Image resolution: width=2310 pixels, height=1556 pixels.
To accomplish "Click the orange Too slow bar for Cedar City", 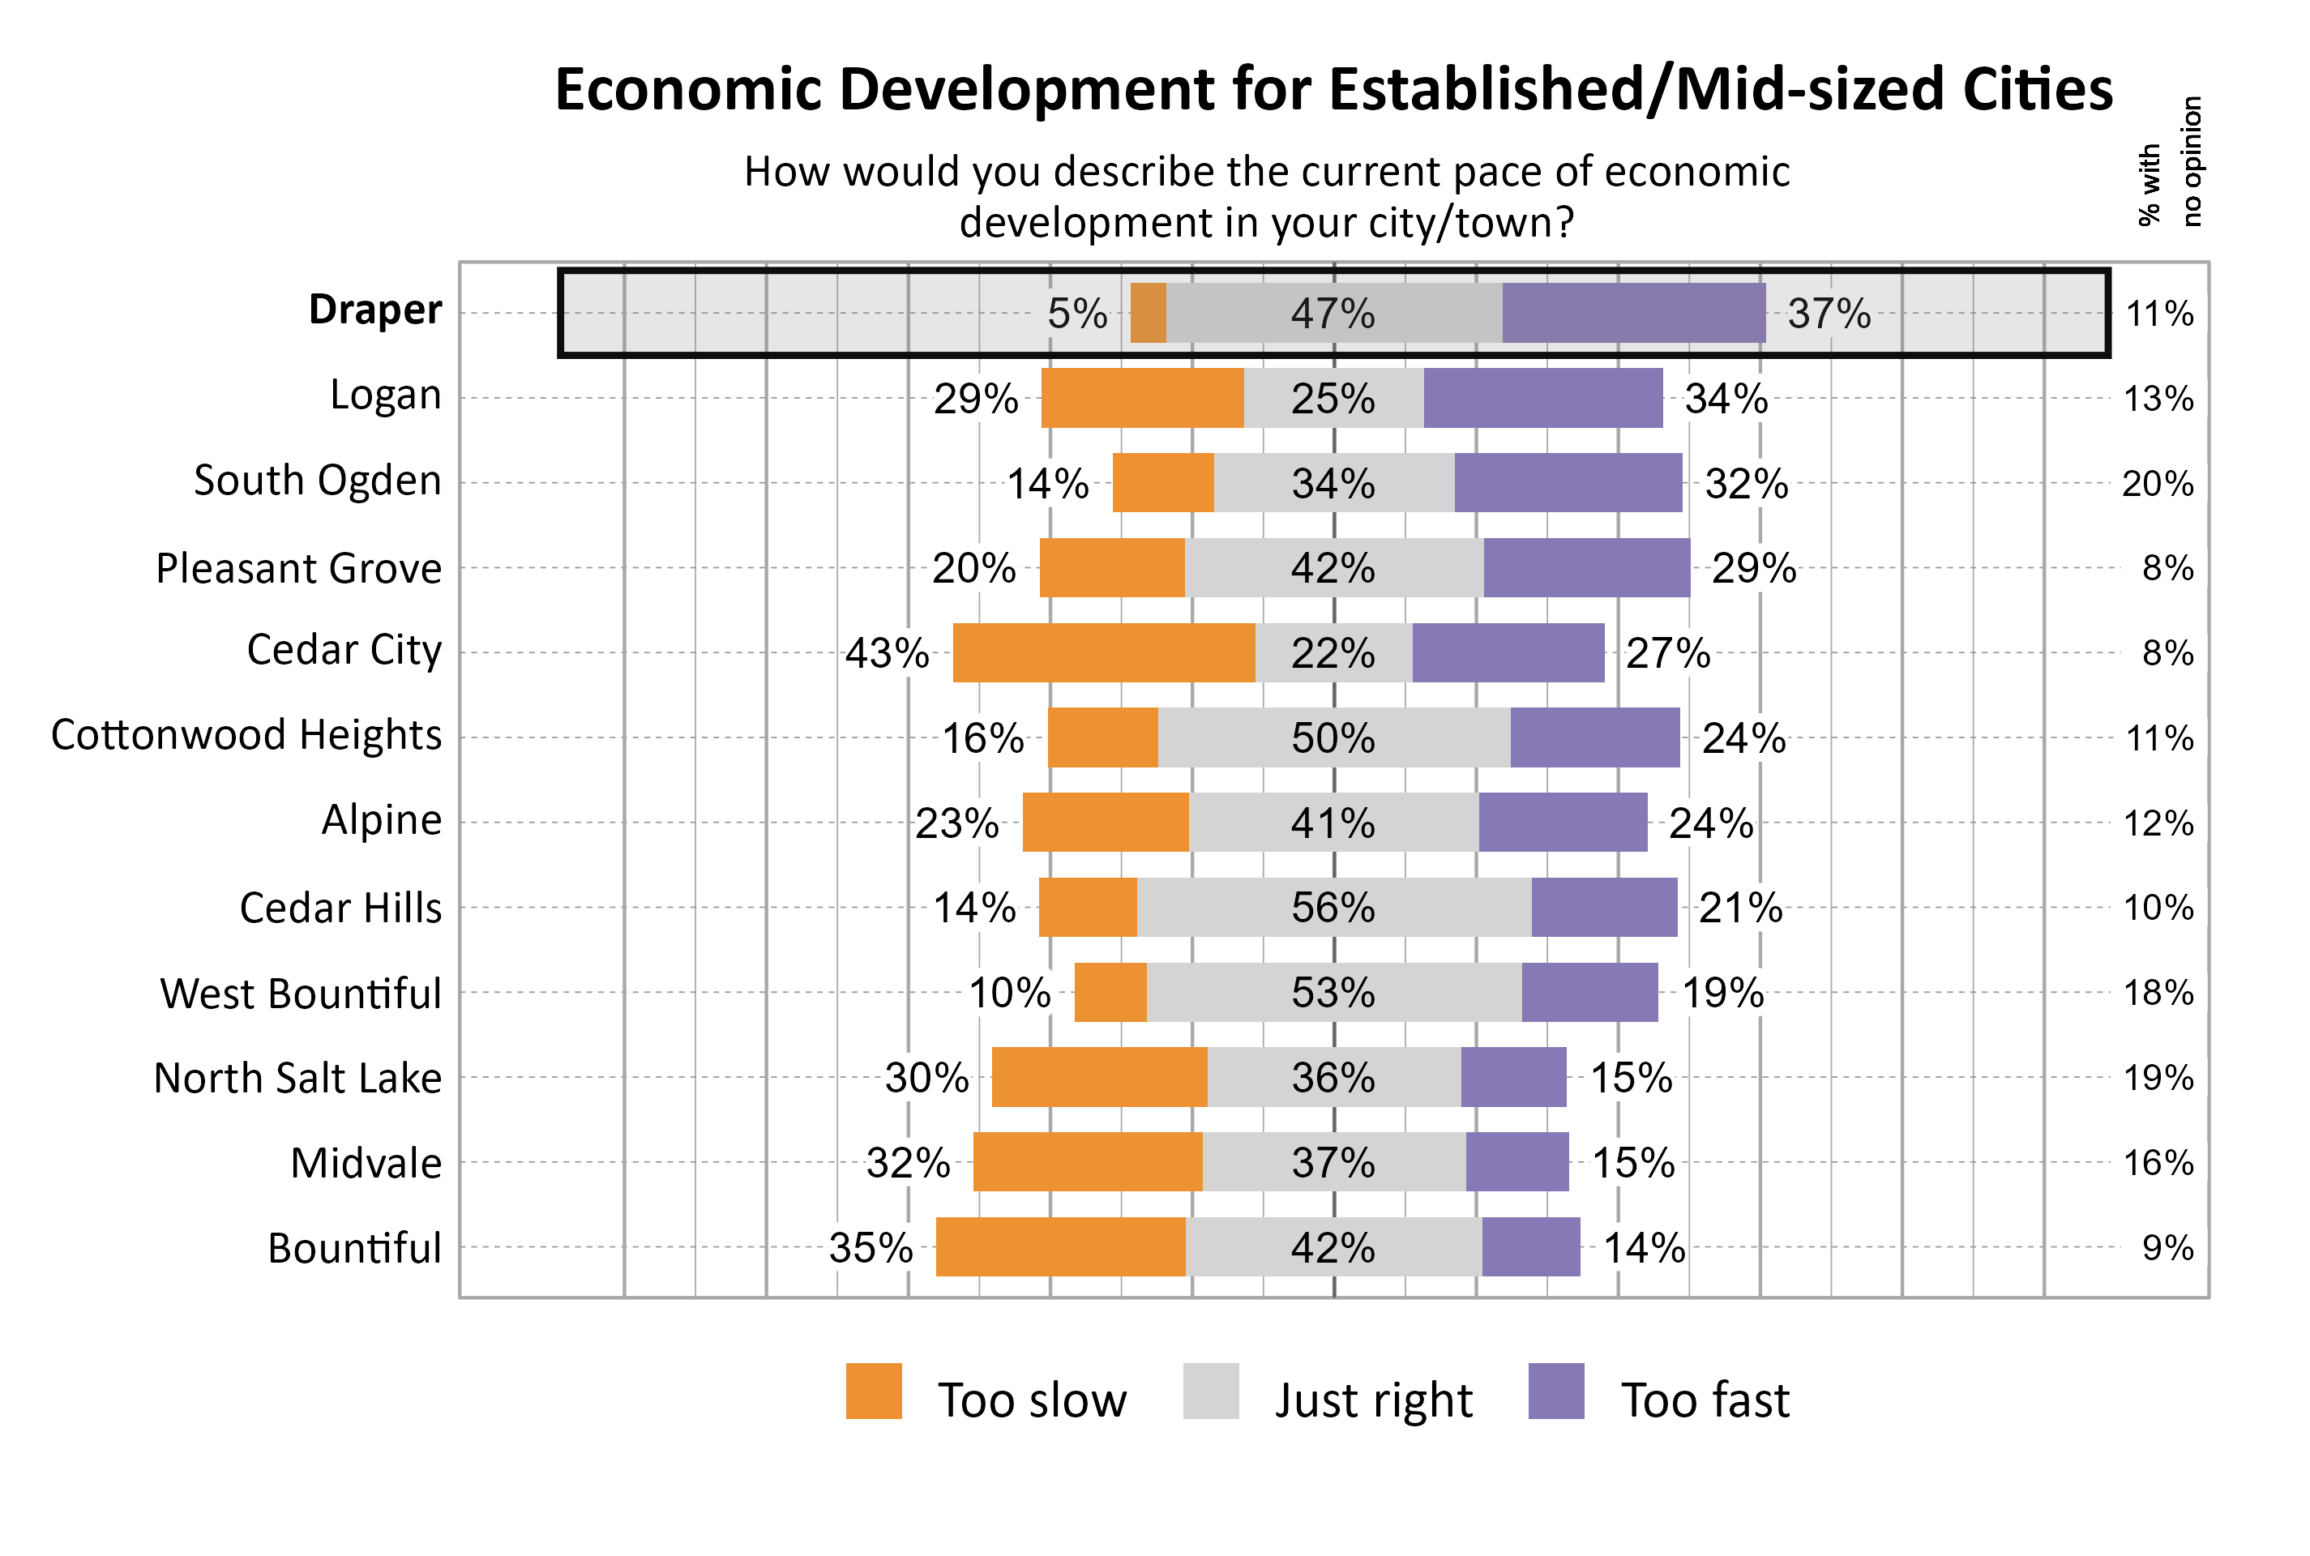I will click(1103, 653).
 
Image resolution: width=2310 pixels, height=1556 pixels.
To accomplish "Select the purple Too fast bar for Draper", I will click(1633, 313).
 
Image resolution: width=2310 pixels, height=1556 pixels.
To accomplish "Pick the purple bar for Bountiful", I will click(1530, 1246).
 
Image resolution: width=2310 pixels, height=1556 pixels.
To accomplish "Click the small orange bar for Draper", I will click(1148, 313).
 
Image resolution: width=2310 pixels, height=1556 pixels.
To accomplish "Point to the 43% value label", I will click(886, 653).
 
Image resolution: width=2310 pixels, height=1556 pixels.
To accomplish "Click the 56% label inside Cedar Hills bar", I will click(1333, 907).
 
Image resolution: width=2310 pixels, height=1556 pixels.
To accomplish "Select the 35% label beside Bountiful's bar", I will click(871, 1247).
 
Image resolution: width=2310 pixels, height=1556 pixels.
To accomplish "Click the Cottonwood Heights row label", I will click(246, 735).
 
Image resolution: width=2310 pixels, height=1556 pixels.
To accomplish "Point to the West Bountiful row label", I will click(301, 994).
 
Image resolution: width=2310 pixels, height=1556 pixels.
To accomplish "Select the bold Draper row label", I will click(374, 310).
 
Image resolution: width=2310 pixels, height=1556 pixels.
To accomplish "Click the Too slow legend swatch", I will click(873, 1391).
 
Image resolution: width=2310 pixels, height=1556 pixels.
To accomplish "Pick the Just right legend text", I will click(1372, 1400).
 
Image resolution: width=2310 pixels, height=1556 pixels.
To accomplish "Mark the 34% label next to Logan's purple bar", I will click(1726, 399).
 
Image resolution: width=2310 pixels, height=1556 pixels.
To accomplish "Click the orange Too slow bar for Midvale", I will click(1088, 1161).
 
